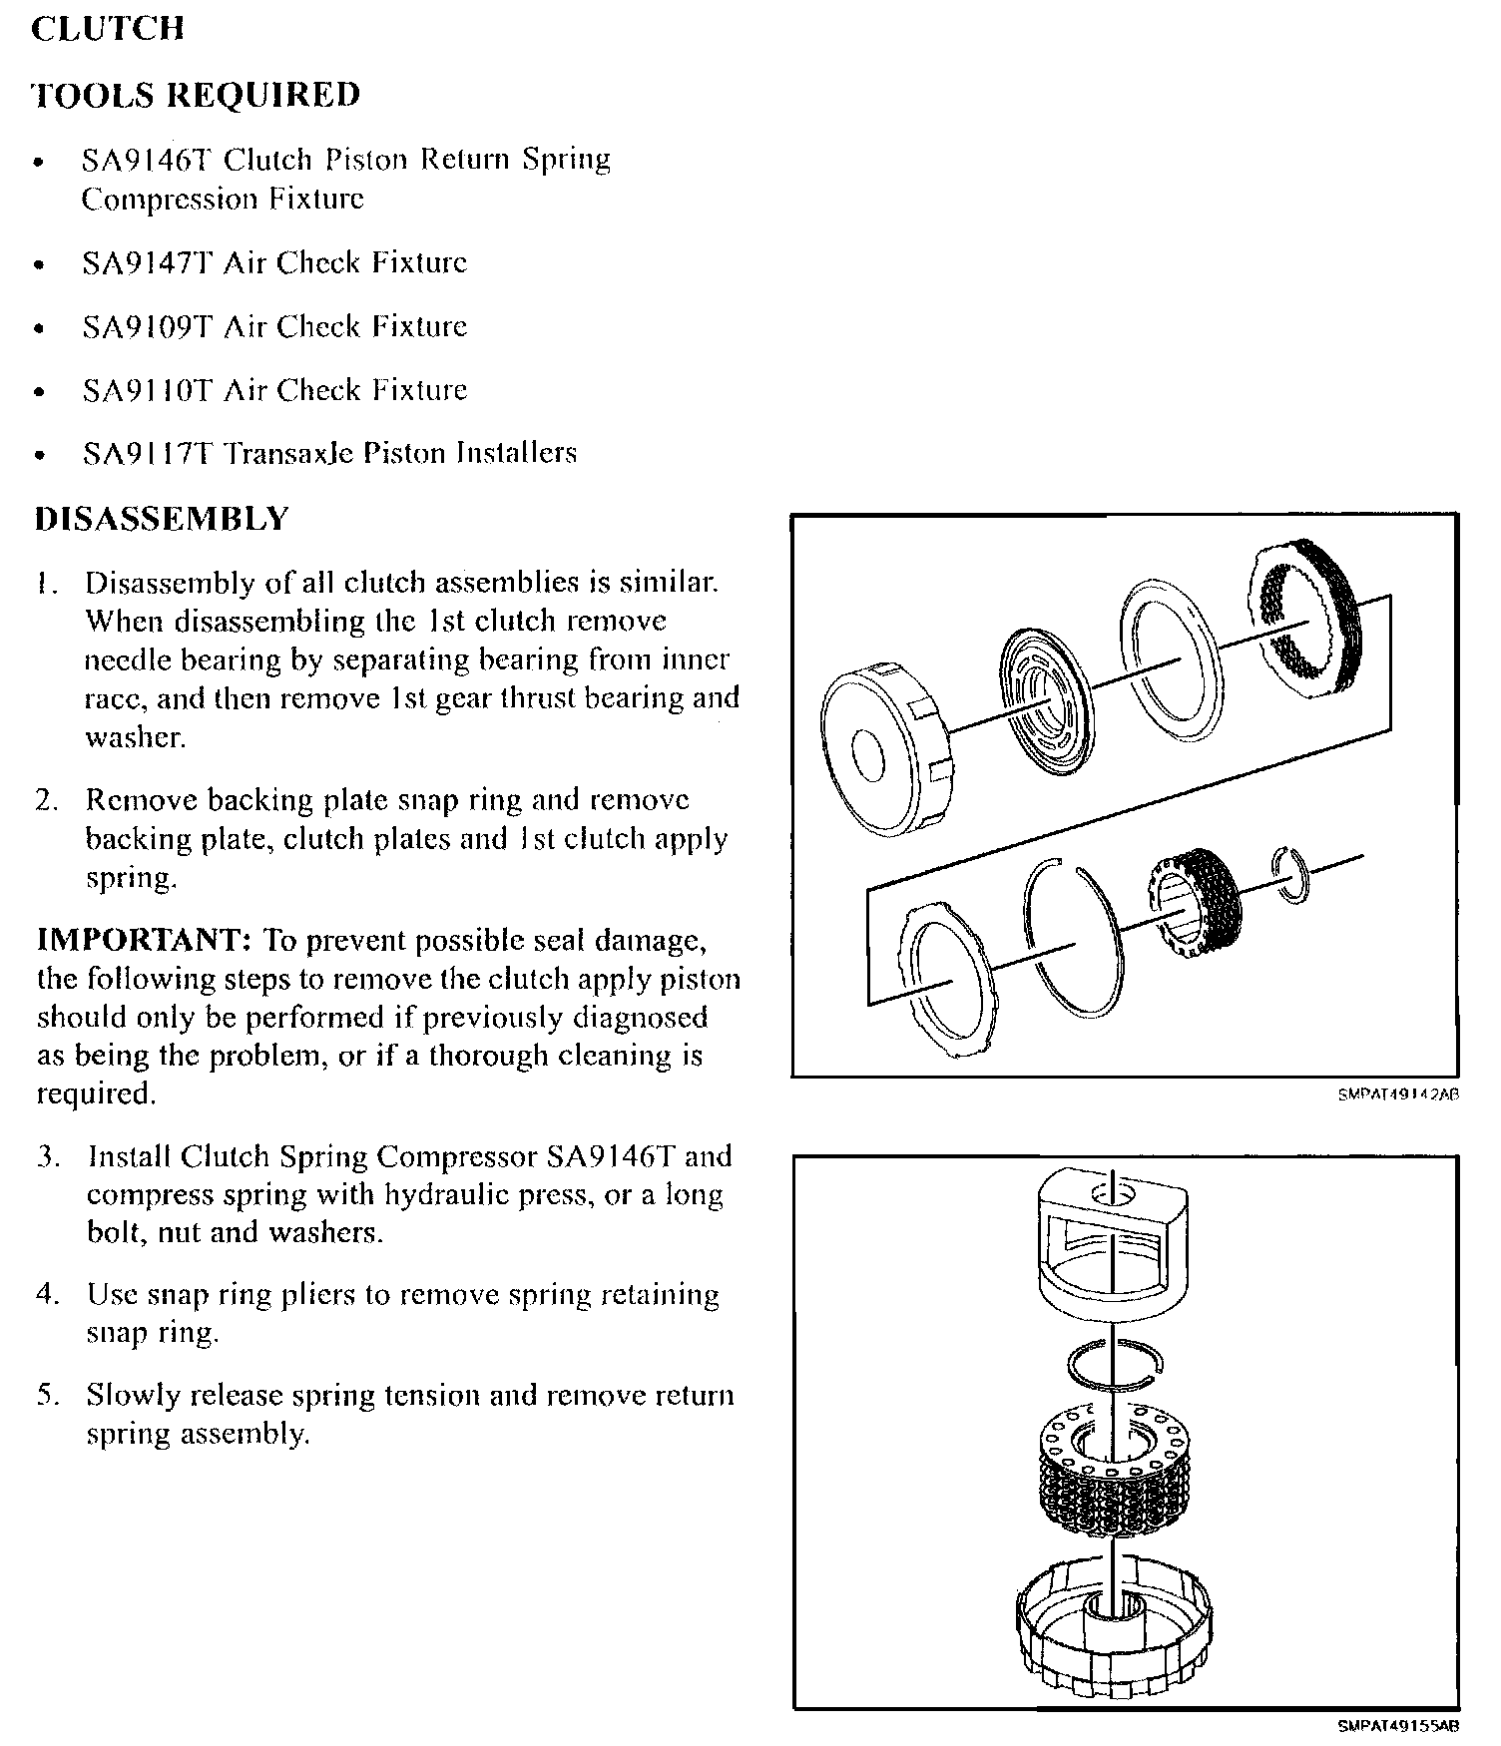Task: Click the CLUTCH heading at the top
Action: [x=108, y=28]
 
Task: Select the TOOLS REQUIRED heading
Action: [x=196, y=95]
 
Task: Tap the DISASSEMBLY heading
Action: [x=162, y=520]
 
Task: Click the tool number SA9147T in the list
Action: [x=147, y=263]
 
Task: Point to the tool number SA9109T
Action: [x=147, y=327]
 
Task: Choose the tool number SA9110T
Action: [x=147, y=390]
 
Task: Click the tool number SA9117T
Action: [x=147, y=454]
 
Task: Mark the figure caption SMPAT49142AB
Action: [x=1398, y=1094]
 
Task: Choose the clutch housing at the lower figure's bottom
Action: [x=1115, y=1626]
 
